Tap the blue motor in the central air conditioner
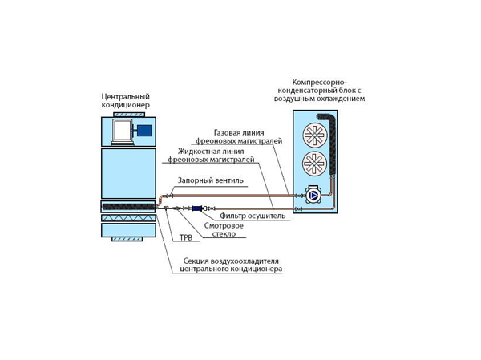tap(144, 131)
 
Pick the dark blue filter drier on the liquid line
tap(197, 208)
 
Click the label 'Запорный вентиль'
tap(205, 180)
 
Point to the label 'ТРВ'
tap(186, 238)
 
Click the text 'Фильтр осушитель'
tap(253, 216)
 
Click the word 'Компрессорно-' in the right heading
tap(318, 82)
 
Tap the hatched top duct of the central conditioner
tap(128, 114)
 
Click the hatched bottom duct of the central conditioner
tap(128, 239)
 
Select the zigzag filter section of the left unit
tap(128, 218)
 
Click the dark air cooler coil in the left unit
tap(128, 207)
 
